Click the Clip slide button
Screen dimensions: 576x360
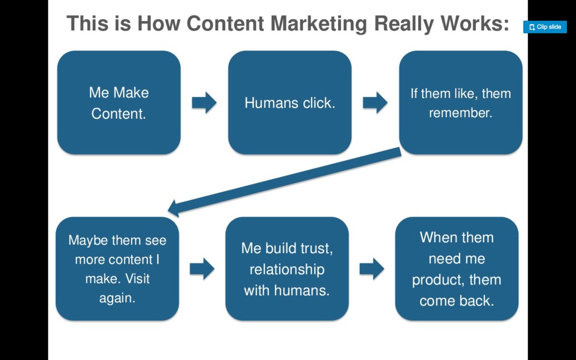545,27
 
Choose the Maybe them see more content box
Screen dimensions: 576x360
117,268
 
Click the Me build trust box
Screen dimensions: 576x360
287,268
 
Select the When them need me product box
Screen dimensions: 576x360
456,268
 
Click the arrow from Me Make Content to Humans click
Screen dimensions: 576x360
204,103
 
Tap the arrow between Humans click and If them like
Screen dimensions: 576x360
375,103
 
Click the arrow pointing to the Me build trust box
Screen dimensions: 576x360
202,269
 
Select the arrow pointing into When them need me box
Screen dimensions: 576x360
372,269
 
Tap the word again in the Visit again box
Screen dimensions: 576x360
117,298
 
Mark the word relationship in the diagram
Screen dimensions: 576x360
287,269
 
